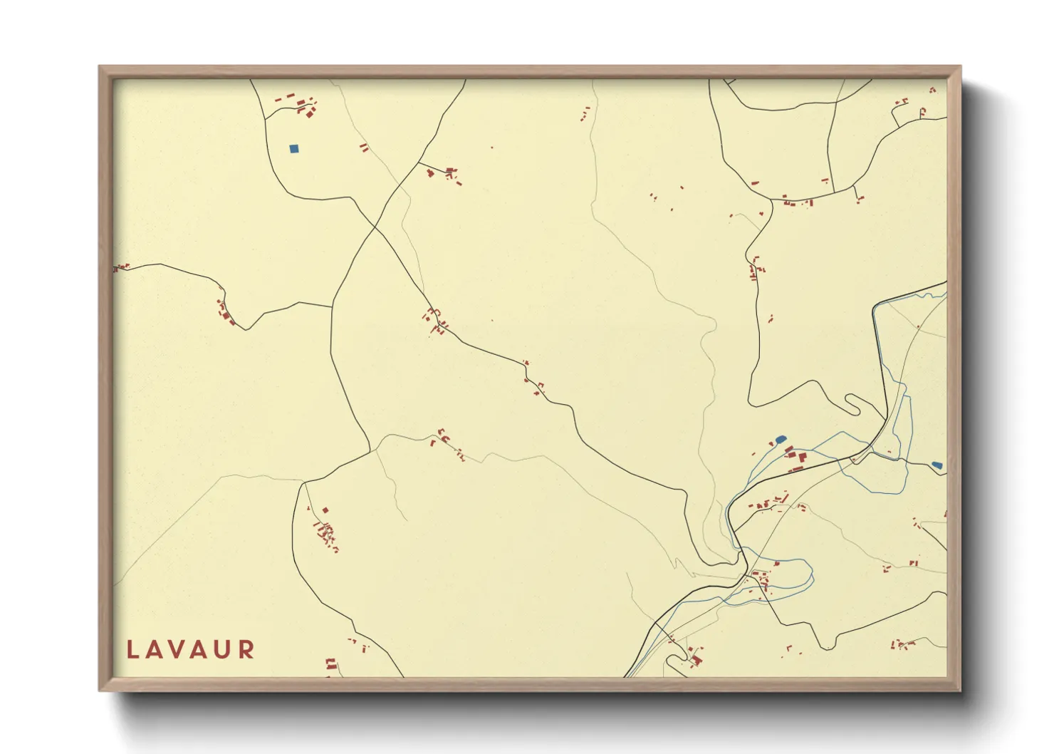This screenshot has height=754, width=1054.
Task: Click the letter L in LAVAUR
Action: click(132, 649)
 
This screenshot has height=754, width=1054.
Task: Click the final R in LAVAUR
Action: click(246, 649)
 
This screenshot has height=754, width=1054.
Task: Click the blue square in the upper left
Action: click(294, 149)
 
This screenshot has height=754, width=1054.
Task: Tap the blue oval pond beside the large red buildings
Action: click(780, 439)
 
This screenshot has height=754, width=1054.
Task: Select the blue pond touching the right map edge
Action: click(937, 465)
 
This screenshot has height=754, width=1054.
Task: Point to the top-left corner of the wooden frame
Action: click(100, 67)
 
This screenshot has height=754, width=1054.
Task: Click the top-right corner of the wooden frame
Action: click(960, 67)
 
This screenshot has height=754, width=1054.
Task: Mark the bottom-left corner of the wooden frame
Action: click(100, 690)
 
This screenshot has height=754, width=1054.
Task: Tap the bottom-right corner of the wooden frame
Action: click(960, 690)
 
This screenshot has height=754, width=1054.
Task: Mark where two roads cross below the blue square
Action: click(375, 227)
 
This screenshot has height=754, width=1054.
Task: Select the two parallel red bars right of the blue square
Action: click(364, 148)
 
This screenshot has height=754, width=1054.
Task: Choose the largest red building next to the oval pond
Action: click(801, 457)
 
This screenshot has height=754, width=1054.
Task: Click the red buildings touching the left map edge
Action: click(120, 268)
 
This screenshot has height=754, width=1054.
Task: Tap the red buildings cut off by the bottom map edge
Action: click(330, 667)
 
